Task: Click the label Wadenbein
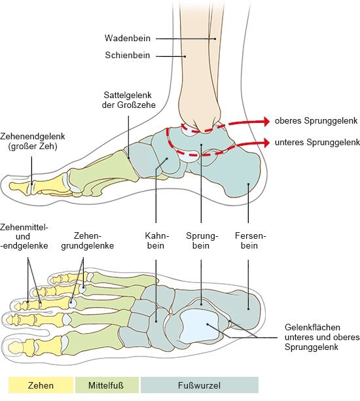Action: [127, 39]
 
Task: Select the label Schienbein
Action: [128, 55]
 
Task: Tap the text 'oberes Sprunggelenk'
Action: [316, 121]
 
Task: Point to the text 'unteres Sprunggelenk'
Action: [317, 142]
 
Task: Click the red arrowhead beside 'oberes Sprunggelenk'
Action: [266, 121]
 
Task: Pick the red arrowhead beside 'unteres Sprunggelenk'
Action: [266, 143]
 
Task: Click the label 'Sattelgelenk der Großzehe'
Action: [129, 100]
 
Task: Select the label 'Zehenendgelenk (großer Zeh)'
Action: [33, 141]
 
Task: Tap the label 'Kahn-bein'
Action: [156, 240]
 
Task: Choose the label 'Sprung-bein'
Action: [202, 240]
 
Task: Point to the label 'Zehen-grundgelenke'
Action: [87, 240]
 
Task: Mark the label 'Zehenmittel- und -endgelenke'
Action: [24, 236]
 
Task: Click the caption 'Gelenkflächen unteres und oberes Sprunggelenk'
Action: [322, 337]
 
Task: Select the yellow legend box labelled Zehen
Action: [41, 385]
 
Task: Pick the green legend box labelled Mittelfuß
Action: [107, 385]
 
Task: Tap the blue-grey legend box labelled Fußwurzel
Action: [200, 385]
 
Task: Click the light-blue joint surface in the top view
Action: [199, 324]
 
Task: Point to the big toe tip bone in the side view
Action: [20, 187]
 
